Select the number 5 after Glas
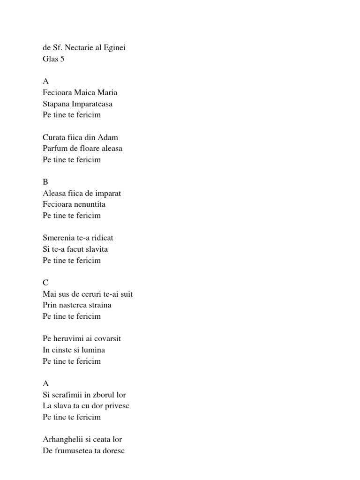[62, 59]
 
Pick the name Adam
[109, 137]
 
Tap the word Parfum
[54, 149]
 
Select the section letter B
[45, 182]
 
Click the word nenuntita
[88, 204]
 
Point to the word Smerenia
[59, 238]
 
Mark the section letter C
[45, 283]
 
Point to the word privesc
[117, 406]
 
